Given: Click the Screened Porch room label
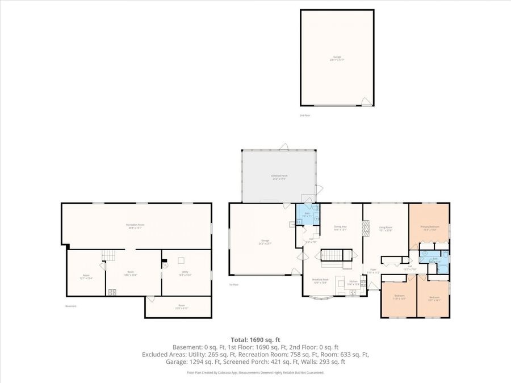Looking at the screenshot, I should click(x=279, y=177).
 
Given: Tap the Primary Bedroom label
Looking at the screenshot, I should click(x=430, y=228).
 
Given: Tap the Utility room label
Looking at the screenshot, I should click(x=185, y=273).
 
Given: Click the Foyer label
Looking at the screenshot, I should click(x=373, y=271).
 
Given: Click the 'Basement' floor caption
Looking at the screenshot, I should click(x=70, y=306).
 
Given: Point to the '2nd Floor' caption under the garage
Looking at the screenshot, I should click(x=305, y=115).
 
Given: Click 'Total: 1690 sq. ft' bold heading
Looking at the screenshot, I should click(x=255, y=339).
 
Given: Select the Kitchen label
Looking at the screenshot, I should click(x=353, y=282).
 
